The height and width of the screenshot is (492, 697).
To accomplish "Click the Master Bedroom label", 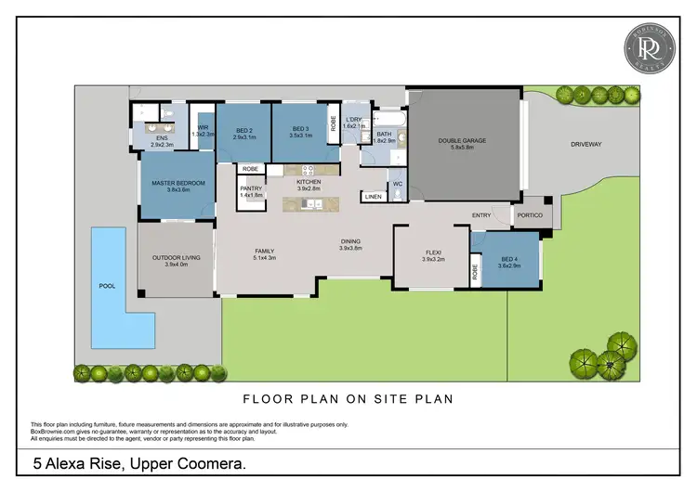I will (178, 183).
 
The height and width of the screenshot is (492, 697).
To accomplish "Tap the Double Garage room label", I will (462, 141).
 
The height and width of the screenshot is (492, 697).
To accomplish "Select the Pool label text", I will (107, 285).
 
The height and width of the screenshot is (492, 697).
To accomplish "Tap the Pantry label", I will (251, 189).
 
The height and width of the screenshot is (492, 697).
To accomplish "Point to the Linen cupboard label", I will (373, 197).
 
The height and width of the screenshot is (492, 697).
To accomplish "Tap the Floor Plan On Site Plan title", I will (348, 401).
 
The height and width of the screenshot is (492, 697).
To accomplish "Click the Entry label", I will (481, 215).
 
